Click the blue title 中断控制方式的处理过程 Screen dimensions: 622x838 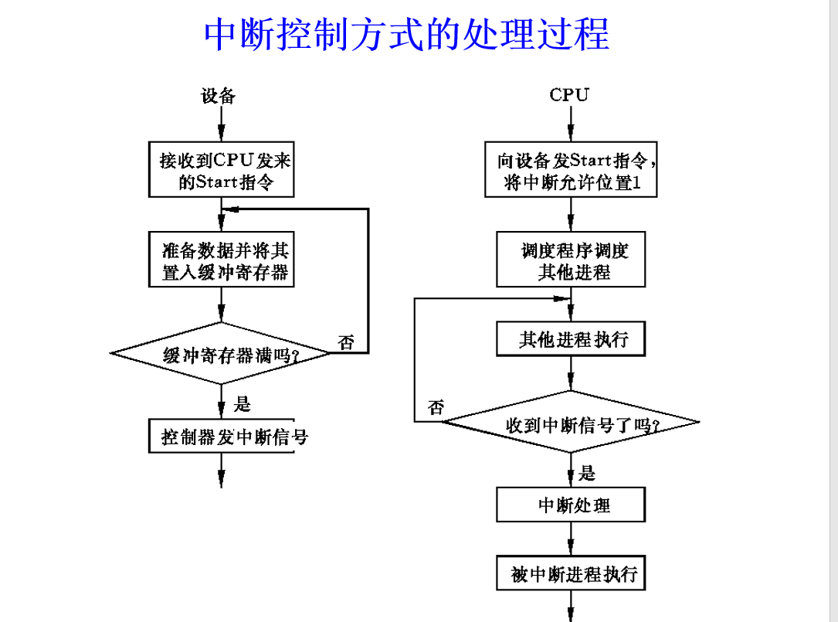click(407, 35)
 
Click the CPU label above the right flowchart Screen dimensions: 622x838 click(569, 95)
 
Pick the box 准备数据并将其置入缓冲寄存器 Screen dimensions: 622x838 click(222, 261)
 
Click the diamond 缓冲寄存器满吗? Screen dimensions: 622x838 click(222, 354)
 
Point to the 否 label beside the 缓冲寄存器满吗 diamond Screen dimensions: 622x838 click(346, 342)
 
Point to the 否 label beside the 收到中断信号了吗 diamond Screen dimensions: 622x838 click(436, 407)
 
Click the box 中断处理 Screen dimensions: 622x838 click(571, 506)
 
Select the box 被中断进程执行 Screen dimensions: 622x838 click(571, 574)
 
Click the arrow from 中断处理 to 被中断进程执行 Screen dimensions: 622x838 click(571, 539)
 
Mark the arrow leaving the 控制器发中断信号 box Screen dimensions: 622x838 click(222, 470)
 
